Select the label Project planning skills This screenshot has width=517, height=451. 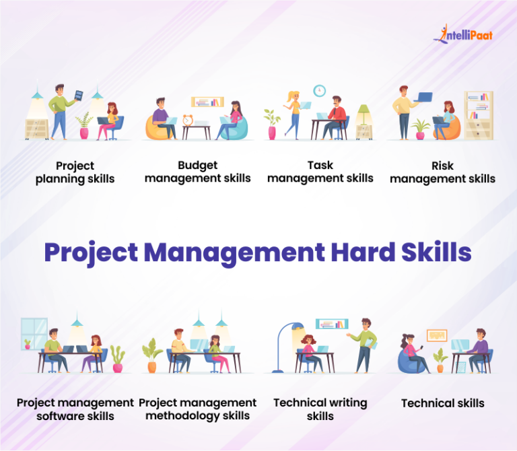tap(75, 172)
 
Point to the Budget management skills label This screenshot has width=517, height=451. tap(197, 172)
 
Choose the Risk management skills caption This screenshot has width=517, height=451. tap(442, 172)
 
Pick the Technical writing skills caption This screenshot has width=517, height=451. tap(320, 409)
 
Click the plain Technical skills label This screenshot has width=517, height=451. tap(442, 403)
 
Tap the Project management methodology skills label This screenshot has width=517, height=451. tap(197, 409)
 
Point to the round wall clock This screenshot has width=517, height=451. tap(319, 90)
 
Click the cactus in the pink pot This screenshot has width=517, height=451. tap(118, 357)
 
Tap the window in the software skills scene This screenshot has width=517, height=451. tap(34, 333)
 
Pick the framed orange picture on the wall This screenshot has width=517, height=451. tap(437, 335)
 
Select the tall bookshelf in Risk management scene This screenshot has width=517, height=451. tap(478, 115)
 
